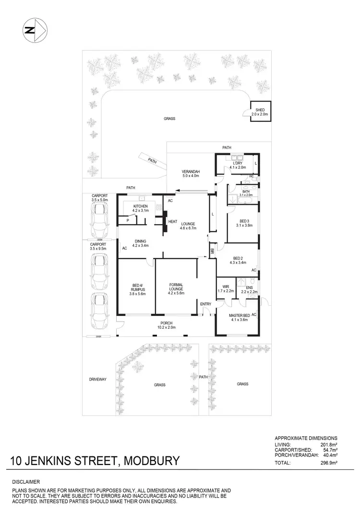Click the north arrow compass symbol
(x=33, y=30)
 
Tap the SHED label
(x=261, y=109)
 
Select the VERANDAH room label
(x=191, y=172)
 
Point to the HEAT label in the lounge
(x=172, y=221)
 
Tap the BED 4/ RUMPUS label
(x=135, y=288)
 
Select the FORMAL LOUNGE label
(x=176, y=287)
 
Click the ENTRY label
(x=205, y=304)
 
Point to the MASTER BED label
(x=238, y=315)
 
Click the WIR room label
(x=225, y=288)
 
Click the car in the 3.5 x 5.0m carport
(x=100, y=217)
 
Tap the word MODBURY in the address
(x=152, y=461)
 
